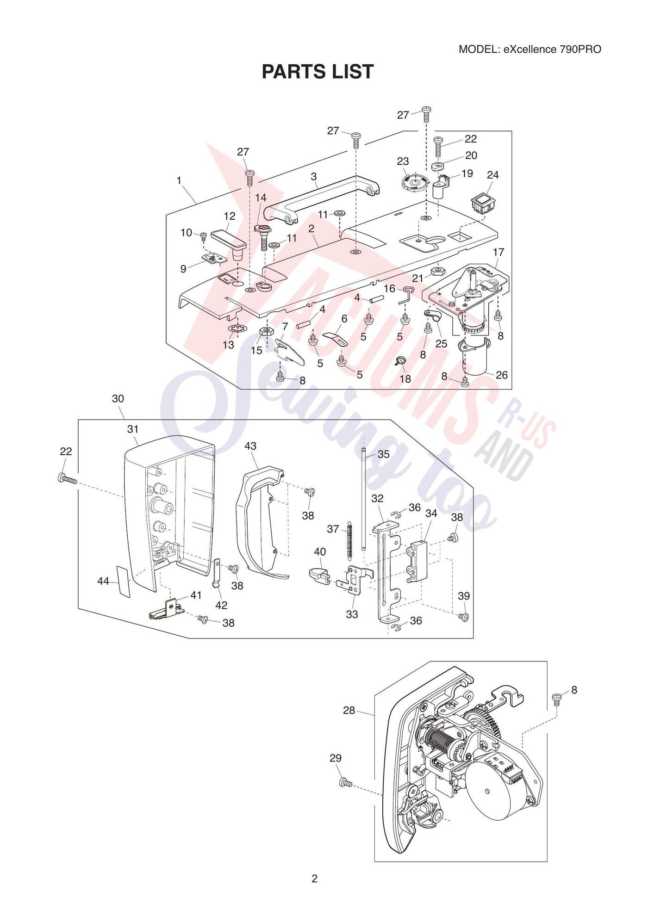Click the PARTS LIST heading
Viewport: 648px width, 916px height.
click(x=318, y=72)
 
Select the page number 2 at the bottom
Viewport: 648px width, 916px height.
click(x=315, y=878)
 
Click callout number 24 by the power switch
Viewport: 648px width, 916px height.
click(x=493, y=174)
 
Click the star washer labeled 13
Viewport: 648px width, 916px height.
click(x=238, y=329)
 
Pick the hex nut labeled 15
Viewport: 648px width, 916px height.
click(x=266, y=331)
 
